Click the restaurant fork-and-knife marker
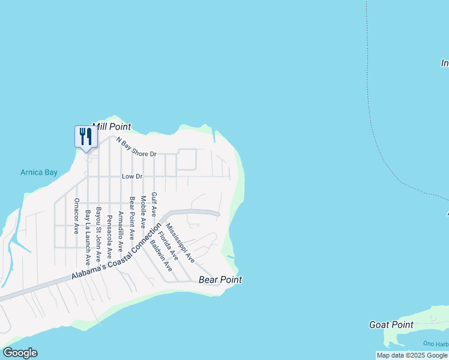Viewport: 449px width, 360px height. [86, 137]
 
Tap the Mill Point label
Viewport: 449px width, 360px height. [112, 127]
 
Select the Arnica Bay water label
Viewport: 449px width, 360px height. [39, 172]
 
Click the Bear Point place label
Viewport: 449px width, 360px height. [220, 280]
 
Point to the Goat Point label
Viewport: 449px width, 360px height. [391, 325]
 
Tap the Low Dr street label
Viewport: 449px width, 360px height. [132, 176]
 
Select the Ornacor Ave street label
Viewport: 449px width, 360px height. [76, 216]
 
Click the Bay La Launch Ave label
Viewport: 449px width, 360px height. [88, 238]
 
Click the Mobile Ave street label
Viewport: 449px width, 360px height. [143, 212]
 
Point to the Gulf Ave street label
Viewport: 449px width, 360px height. [154, 205]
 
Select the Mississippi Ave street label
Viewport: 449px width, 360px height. [181, 243]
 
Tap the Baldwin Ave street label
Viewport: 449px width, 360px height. [161, 256]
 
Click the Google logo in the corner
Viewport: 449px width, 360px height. [20, 353]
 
